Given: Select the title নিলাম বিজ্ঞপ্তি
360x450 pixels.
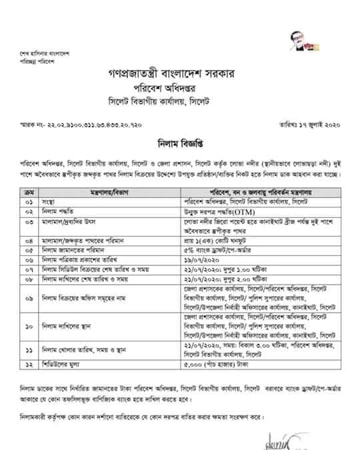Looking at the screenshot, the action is pyautogui.click(x=179, y=142).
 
